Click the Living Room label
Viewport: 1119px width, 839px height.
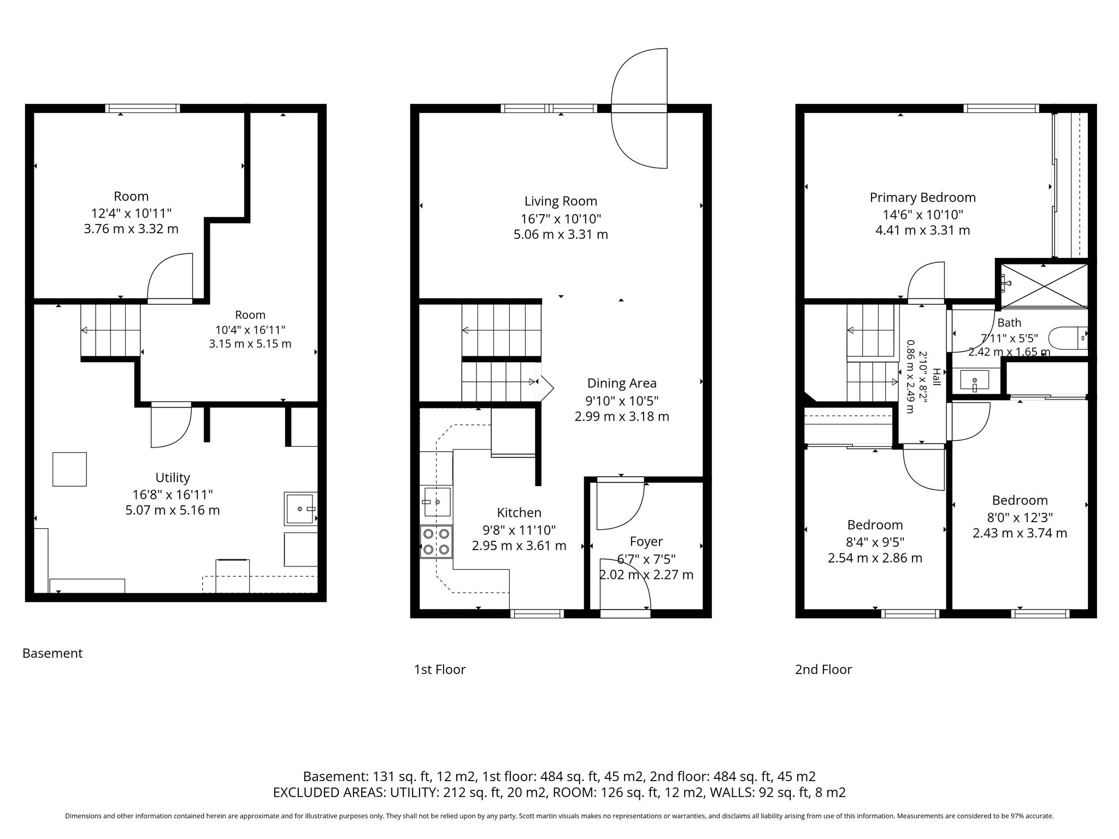tap(561, 201)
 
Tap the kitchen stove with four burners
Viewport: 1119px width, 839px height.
tap(436, 541)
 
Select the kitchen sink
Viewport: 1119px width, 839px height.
tap(437, 502)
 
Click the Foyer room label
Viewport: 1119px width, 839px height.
tap(646, 541)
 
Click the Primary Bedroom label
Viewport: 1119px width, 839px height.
tap(923, 197)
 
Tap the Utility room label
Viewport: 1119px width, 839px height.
tap(173, 477)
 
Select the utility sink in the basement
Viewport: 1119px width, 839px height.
tap(301, 509)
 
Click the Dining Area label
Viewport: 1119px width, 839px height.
tap(622, 383)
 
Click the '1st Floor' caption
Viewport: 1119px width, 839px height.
tap(440, 669)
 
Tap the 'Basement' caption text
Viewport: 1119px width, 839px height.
tap(52, 653)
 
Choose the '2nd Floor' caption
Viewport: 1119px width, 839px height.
tap(823, 669)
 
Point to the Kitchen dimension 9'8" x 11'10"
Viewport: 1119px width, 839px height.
tap(519, 530)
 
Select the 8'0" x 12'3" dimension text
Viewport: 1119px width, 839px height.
tap(1020, 517)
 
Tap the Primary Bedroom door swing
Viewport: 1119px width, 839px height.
tap(926, 281)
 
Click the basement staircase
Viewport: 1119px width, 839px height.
tap(110, 330)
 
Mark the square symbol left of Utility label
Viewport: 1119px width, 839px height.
tap(69, 469)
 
